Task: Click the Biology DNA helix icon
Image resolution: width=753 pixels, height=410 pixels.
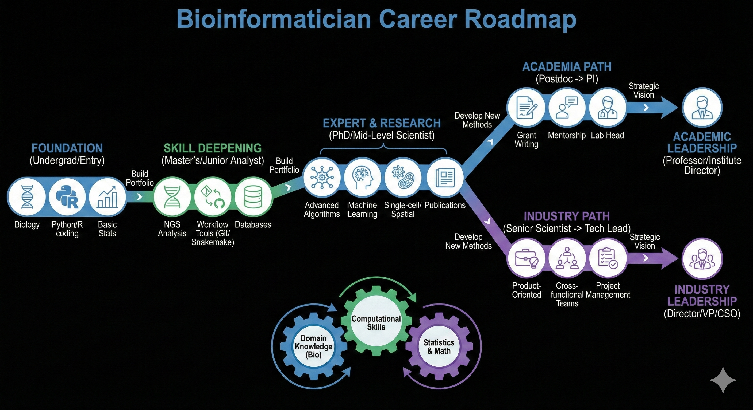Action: coord(27,197)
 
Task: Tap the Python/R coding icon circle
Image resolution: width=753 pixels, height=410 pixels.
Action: coord(67,197)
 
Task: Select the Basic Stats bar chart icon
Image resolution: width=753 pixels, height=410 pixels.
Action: coord(107,197)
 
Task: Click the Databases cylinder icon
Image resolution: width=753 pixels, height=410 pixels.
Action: coord(253,197)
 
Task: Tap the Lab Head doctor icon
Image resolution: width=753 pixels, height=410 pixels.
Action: coord(608,108)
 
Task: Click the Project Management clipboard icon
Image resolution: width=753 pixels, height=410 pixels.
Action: coord(608,258)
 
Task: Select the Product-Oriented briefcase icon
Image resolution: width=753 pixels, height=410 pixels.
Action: coord(526,258)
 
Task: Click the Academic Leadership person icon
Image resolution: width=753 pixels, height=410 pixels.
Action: coord(702,108)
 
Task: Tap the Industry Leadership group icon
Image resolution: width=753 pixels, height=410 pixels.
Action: coord(702,259)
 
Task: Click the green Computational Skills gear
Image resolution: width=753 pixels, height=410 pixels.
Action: coord(376,323)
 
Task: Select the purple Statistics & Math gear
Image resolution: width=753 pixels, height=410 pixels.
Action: coord(439,346)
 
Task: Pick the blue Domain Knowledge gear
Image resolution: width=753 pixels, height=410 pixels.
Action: coord(313,346)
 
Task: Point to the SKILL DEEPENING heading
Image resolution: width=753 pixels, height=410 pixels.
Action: coord(213,148)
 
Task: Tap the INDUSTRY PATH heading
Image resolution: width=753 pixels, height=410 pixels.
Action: coord(567,216)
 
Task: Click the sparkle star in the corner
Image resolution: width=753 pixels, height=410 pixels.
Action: coord(723,380)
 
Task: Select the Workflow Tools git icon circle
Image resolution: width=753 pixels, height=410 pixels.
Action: coord(213,197)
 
